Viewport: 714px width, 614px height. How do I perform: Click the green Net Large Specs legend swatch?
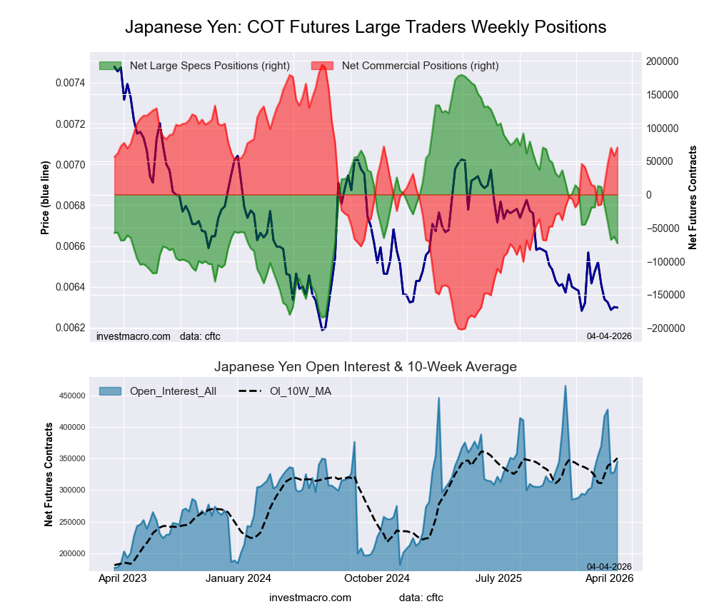111,66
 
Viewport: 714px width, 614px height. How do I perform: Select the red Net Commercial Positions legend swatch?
323,66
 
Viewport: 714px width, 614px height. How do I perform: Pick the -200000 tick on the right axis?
663,328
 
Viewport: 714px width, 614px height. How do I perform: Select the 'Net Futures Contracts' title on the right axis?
692,198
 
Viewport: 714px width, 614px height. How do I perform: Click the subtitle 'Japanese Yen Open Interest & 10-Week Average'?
366,367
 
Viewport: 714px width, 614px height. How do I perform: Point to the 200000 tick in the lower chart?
73,553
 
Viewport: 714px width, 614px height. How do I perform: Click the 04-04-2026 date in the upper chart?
609,336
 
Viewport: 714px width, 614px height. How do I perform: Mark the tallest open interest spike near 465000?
565,386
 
